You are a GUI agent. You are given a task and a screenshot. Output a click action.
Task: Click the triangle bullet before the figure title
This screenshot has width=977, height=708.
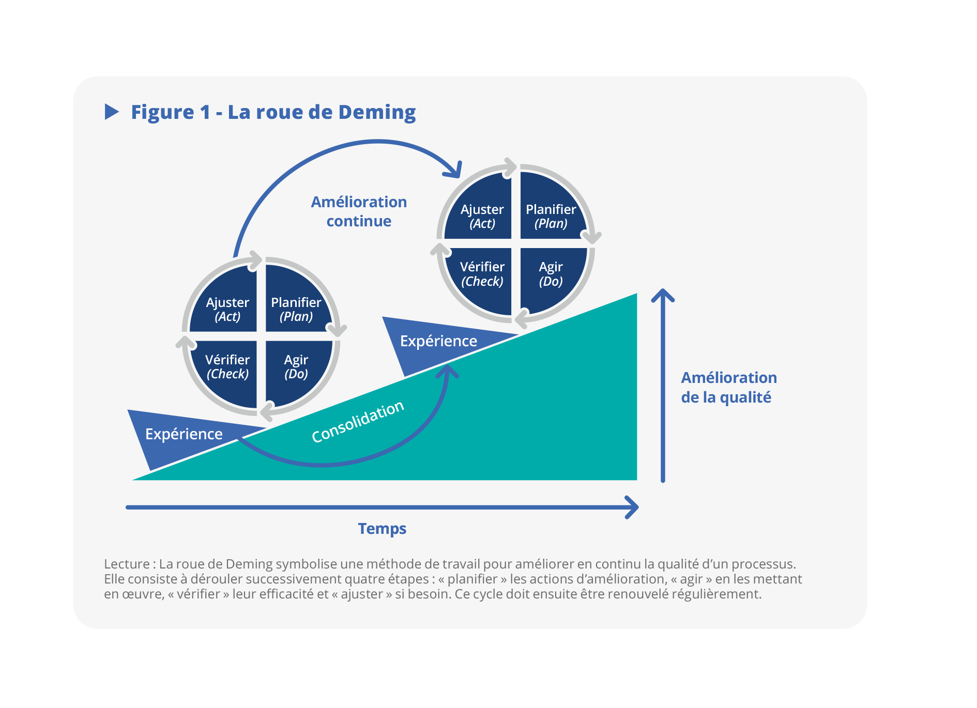click(112, 112)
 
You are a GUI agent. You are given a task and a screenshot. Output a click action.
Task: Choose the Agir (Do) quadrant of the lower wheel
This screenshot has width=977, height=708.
click(296, 366)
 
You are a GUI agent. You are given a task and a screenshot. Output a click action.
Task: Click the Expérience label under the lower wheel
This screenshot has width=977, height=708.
click(184, 434)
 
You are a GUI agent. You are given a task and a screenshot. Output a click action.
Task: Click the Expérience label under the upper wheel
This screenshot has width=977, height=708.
click(438, 341)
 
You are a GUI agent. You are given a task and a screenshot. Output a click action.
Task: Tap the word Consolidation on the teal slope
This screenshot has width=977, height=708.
click(357, 422)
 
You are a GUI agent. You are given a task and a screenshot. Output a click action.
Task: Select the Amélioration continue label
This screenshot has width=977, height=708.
click(359, 211)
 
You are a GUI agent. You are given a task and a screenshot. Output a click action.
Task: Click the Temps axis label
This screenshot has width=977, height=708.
click(382, 529)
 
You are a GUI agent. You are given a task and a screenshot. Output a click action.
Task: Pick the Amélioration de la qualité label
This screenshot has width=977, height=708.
click(728, 387)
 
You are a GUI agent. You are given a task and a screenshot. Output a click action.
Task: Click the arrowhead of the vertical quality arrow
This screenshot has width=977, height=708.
click(663, 295)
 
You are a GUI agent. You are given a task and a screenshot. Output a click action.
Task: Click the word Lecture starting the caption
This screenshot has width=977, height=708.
click(127, 564)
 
